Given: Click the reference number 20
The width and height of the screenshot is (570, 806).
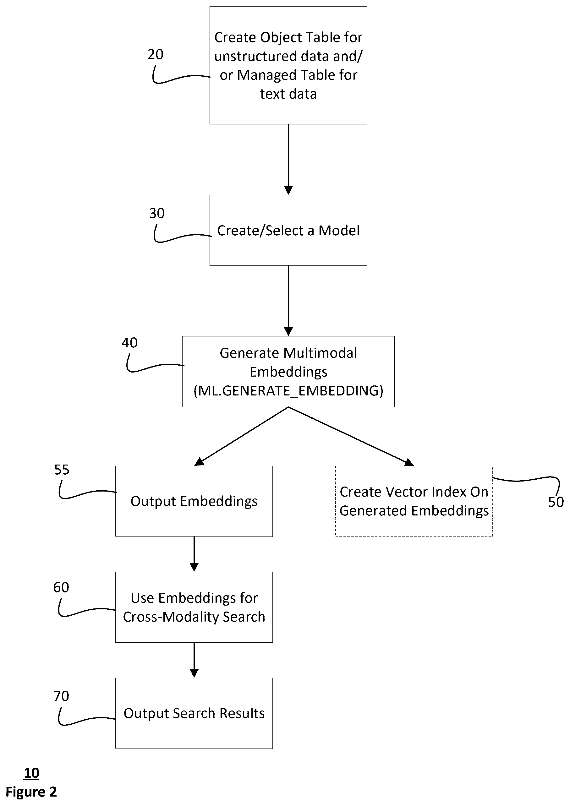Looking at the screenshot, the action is (156, 54).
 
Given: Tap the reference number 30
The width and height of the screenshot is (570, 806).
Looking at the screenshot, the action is (156, 213).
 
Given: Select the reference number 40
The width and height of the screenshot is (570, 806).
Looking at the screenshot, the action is (129, 343).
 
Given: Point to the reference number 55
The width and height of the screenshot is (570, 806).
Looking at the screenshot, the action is (62, 470).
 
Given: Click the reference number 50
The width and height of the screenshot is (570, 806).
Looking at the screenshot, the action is (556, 502).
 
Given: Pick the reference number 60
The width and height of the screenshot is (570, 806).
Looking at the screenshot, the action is (61, 587).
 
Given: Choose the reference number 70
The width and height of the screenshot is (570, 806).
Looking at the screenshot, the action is (61, 696).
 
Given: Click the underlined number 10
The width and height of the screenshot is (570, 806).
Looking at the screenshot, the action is (32, 773).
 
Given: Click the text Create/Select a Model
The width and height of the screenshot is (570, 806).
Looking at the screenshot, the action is (288, 231).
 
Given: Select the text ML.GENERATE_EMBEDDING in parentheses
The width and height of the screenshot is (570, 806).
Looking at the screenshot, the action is (288, 391).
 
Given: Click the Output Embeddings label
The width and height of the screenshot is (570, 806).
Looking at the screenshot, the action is (194, 501).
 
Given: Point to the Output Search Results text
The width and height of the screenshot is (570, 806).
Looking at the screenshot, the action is (194, 713).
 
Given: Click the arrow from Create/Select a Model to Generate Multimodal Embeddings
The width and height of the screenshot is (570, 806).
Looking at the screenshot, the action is (288, 301).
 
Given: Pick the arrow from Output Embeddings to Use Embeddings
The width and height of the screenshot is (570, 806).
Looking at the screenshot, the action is (194, 554).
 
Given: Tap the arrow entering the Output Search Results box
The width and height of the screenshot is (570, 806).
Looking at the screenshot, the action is (194, 660).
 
